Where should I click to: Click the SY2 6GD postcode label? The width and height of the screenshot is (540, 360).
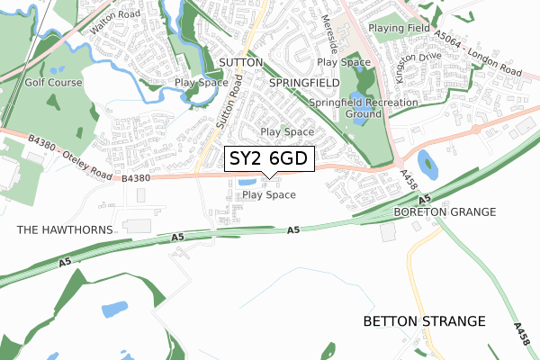pos(269,159)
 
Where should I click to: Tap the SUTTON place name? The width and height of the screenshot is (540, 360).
pos(240,63)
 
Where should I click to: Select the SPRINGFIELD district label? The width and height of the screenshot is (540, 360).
pos(304,82)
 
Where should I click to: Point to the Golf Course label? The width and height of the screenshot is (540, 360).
pos(54,82)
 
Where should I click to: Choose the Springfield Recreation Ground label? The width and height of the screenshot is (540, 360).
pos(364,109)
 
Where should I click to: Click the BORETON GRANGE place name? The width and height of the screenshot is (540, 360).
pos(445,211)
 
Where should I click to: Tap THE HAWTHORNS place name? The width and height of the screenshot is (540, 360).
pos(65,229)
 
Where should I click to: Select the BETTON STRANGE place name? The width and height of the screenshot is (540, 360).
pos(423,320)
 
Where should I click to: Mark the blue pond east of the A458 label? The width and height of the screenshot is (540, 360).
pos(427,165)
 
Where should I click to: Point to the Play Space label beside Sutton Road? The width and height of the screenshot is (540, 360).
pos(202,82)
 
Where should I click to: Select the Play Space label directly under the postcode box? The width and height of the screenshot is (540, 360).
pos(269,194)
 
